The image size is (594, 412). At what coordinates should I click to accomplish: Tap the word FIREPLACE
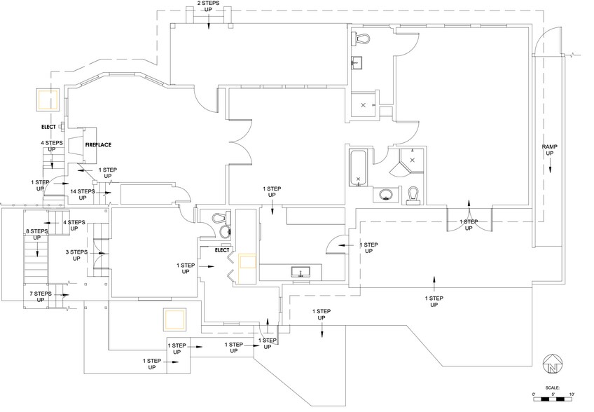pyautogui.click(x=99, y=144)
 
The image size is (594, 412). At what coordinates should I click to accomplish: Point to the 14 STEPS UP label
pyautogui.click(x=82, y=194)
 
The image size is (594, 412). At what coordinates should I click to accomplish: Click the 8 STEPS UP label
pyautogui.click(x=36, y=235)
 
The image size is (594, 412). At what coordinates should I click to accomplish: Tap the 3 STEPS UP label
pyautogui.click(x=76, y=255)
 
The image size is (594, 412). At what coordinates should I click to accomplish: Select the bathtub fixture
pyautogui.click(x=358, y=168)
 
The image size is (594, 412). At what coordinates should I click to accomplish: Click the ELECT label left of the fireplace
pyautogui.click(x=48, y=127)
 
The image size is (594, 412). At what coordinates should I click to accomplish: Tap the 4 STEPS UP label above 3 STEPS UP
pyautogui.click(x=74, y=226)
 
